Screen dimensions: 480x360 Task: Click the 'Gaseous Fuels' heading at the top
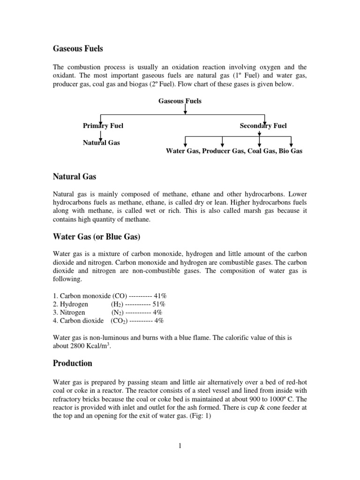tap(77, 48)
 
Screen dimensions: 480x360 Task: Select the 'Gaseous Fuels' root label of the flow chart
tap(180, 101)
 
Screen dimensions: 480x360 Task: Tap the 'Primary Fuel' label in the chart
tap(103, 126)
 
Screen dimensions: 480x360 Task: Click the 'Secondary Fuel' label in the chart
tap(263, 126)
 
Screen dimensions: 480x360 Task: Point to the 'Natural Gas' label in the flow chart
tap(101, 142)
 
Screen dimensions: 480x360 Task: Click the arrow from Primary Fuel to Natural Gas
tap(101, 134)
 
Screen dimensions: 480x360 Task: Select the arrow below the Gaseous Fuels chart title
tap(186, 109)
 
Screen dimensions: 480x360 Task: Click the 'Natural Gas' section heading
tap(74, 177)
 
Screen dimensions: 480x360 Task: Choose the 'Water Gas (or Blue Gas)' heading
tap(96, 237)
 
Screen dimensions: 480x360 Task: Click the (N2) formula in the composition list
tap(119, 313)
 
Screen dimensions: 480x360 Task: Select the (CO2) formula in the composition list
tap(120, 321)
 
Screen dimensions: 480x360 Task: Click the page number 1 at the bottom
tap(180, 446)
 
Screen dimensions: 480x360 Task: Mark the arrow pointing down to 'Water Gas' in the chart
tap(186, 141)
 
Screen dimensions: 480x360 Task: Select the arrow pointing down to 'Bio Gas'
tap(291, 141)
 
